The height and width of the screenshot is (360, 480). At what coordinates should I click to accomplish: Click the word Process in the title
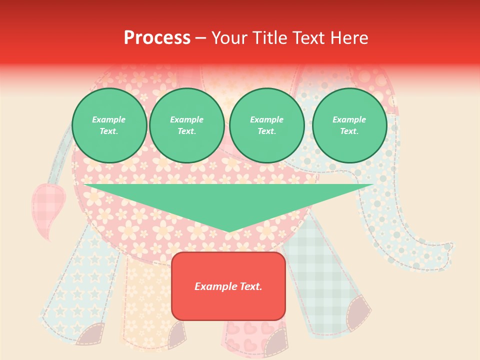click(157, 38)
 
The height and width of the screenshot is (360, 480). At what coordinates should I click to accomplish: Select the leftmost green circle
click(109, 125)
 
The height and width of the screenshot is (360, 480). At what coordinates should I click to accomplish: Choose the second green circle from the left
click(186, 125)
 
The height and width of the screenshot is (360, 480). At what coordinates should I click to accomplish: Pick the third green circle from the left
click(266, 125)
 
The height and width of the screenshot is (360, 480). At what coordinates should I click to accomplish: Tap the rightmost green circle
click(349, 125)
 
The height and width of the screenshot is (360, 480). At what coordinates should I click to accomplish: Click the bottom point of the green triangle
click(229, 231)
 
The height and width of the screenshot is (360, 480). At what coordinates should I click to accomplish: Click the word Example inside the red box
click(211, 286)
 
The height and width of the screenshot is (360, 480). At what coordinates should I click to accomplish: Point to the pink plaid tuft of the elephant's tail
click(47, 205)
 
